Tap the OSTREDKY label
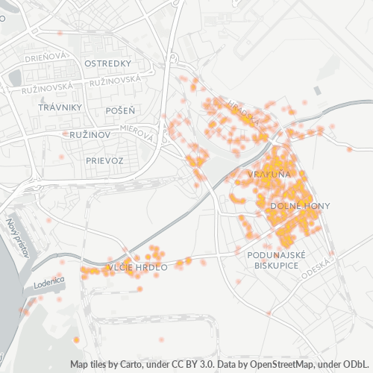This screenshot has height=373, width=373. (108, 63)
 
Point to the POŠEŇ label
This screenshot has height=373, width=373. (120, 110)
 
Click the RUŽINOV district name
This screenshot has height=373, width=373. (90, 135)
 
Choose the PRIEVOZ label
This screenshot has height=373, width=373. (104, 160)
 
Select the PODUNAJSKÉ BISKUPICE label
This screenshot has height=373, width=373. (276, 260)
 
